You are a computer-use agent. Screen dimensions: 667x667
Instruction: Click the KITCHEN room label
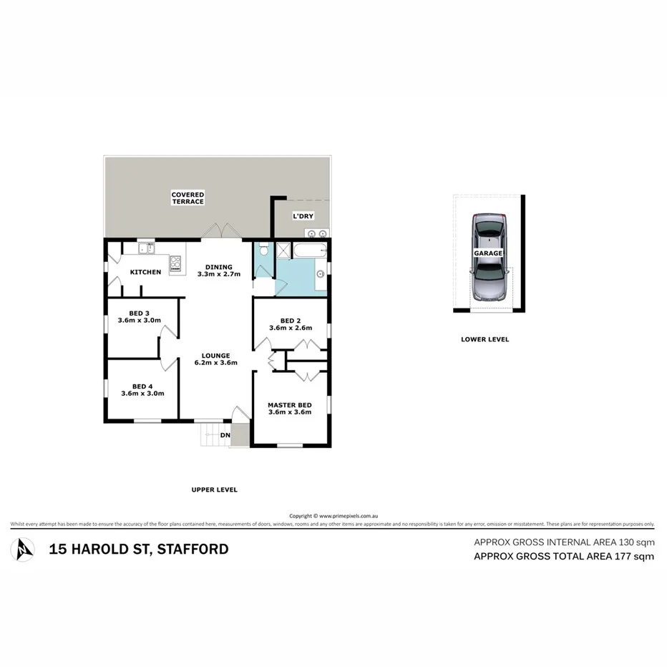(x=145, y=272)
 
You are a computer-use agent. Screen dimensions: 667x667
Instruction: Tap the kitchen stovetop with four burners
(x=175, y=265)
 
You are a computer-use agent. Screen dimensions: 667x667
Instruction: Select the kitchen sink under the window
(x=146, y=248)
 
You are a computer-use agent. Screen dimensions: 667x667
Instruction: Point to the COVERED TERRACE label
(x=188, y=198)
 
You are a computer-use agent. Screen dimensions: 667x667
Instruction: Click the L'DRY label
(x=303, y=216)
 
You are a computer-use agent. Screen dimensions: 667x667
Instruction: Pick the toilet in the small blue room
(x=263, y=250)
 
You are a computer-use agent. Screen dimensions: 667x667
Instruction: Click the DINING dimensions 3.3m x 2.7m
(x=218, y=274)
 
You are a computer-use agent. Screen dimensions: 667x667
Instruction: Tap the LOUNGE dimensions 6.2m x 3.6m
(x=215, y=363)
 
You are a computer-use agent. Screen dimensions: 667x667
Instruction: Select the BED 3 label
(x=139, y=313)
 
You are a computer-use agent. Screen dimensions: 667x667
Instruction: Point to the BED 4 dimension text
(x=143, y=394)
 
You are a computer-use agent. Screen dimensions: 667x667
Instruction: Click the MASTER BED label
(x=289, y=404)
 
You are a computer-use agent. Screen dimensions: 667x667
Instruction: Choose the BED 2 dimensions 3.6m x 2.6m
(x=290, y=328)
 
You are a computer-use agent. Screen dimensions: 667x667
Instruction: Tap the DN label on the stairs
(x=225, y=435)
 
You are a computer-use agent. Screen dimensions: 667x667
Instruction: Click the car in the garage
(x=488, y=255)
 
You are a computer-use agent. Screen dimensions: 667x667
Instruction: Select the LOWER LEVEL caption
(x=485, y=339)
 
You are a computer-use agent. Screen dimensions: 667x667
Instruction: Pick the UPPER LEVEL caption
(x=214, y=490)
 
